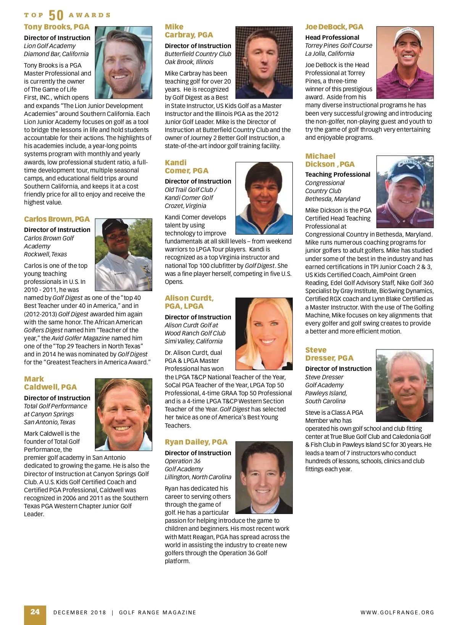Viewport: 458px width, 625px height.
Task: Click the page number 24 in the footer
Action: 35,612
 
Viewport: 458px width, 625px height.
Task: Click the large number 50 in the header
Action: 56,15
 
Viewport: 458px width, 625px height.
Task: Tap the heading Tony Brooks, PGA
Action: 56,27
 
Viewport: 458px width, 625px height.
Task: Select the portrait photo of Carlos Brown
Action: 123,255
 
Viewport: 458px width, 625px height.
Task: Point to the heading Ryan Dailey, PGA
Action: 196,442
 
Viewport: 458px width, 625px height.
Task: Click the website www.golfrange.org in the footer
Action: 397,612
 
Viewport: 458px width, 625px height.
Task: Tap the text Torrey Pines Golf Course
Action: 339,45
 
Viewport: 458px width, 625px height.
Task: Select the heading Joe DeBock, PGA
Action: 334,27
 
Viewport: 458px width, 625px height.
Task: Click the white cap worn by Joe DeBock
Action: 405,34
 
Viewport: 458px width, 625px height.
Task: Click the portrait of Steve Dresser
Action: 405,385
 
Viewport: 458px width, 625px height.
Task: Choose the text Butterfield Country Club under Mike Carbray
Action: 198,54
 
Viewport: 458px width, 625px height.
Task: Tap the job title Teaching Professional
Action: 337,174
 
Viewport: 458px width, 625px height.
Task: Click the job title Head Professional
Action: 332,37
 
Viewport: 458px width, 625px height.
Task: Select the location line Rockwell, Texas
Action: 45,254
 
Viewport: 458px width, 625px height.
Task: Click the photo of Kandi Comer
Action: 264,198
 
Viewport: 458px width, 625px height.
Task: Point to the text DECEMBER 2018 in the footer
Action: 80,612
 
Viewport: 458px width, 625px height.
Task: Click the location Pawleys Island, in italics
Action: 326,393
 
